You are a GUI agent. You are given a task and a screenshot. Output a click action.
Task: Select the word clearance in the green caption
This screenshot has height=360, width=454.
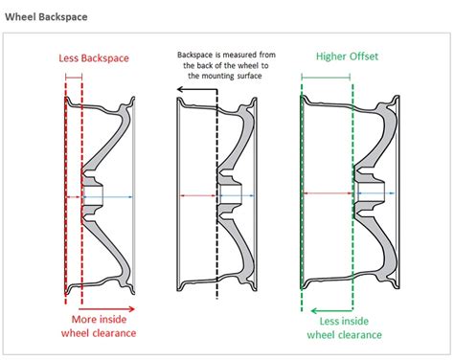pos(359,334)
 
